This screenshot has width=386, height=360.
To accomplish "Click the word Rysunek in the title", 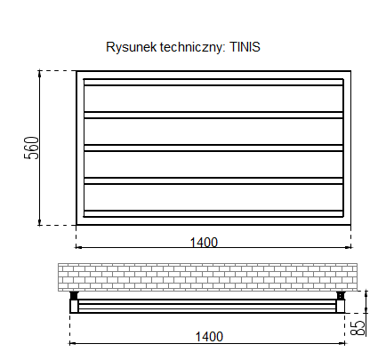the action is [131, 47].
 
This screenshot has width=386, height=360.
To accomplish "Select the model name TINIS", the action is [245, 47].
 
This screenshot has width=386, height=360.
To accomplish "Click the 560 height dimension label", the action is [31, 148].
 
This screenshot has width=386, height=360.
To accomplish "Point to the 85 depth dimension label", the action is [358, 328].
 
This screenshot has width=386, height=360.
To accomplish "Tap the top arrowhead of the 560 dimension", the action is [40, 74].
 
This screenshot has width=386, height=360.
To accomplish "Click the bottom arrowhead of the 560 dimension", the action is [40, 221].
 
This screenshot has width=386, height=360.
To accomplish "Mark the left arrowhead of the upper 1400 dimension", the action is [79, 246].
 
